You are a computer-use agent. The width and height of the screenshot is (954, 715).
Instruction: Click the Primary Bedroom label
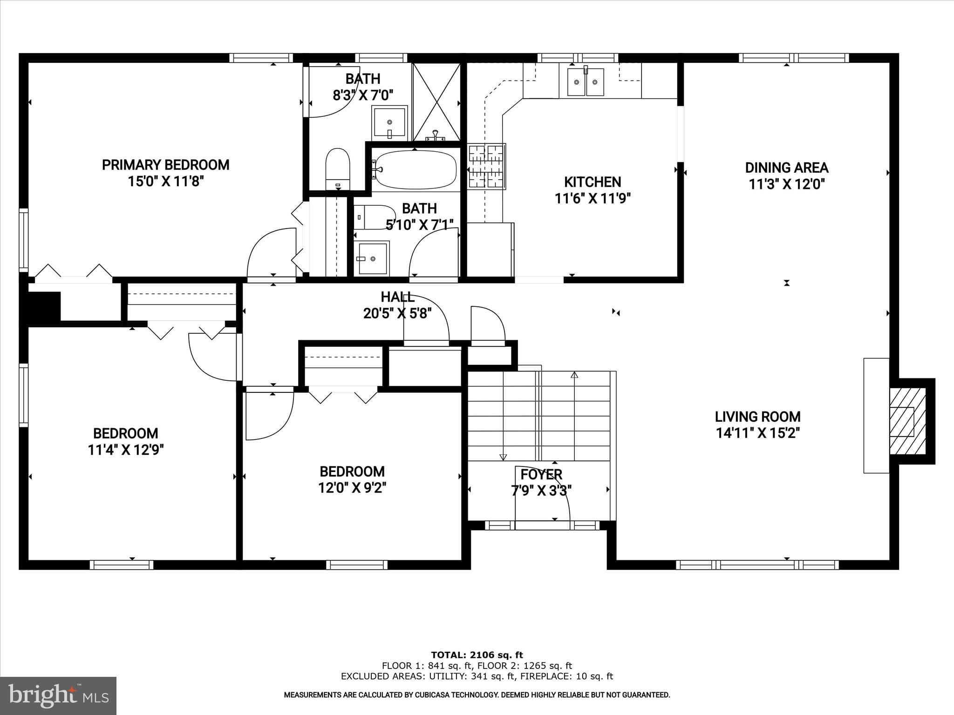click(x=165, y=165)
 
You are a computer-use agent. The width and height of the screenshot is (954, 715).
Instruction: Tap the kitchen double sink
click(x=586, y=82)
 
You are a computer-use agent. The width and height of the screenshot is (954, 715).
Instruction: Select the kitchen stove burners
click(x=486, y=166)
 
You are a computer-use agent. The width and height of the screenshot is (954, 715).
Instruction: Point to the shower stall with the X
click(x=436, y=102)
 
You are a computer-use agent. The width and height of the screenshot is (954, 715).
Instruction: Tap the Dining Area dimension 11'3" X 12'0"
click(x=786, y=184)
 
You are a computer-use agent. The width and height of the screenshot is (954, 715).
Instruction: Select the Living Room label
click(x=757, y=417)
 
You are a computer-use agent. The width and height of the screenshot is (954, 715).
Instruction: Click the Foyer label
click(x=541, y=474)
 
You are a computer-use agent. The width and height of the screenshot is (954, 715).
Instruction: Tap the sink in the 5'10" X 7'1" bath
click(x=372, y=257)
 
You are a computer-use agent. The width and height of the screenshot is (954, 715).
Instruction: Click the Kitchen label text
click(x=592, y=182)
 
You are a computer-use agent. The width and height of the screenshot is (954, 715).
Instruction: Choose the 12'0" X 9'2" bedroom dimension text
click(x=352, y=488)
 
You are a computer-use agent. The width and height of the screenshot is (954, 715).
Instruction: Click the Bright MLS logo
click(x=58, y=695)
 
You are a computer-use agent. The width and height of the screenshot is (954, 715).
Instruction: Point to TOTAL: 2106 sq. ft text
click(x=477, y=655)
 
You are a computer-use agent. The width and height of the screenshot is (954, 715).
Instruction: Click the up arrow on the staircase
click(x=574, y=375)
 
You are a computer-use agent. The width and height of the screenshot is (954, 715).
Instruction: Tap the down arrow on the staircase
click(x=503, y=457)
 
